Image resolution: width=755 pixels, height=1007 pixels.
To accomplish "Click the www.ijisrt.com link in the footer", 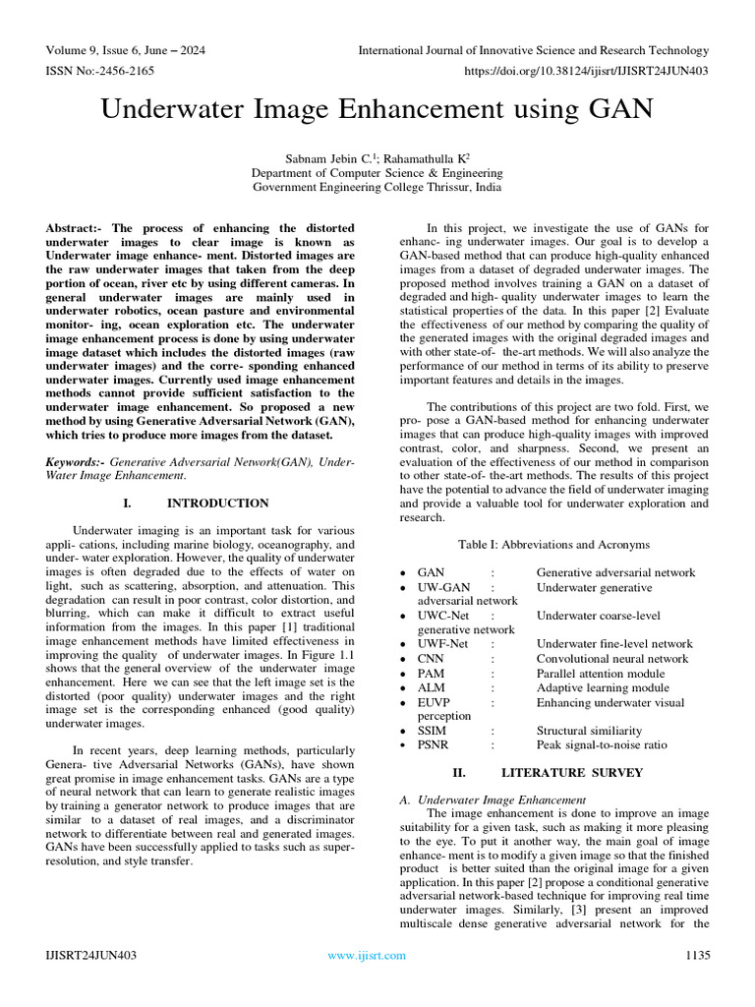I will point(367,955).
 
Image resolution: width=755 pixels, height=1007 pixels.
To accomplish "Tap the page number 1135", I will point(697,955).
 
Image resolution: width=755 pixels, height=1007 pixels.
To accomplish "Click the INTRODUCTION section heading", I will point(217,503).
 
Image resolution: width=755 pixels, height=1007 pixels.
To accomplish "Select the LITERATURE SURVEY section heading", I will point(571,772).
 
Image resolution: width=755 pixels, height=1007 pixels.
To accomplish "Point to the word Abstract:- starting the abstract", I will point(77,228).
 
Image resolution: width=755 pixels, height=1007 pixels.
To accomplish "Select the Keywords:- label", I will point(77,461).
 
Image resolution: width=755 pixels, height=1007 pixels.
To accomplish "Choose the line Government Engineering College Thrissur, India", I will point(377,186).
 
